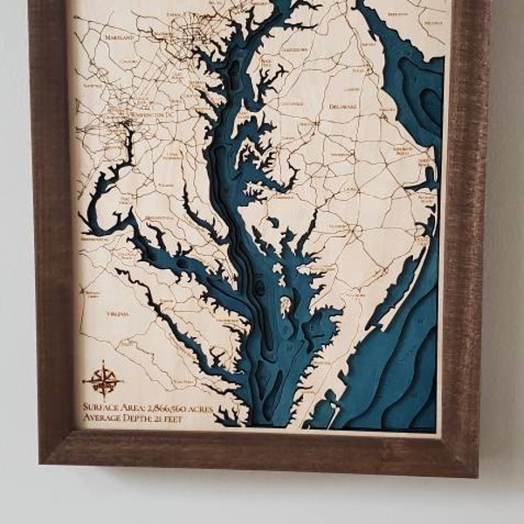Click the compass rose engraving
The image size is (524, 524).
(x=103, y=380)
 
